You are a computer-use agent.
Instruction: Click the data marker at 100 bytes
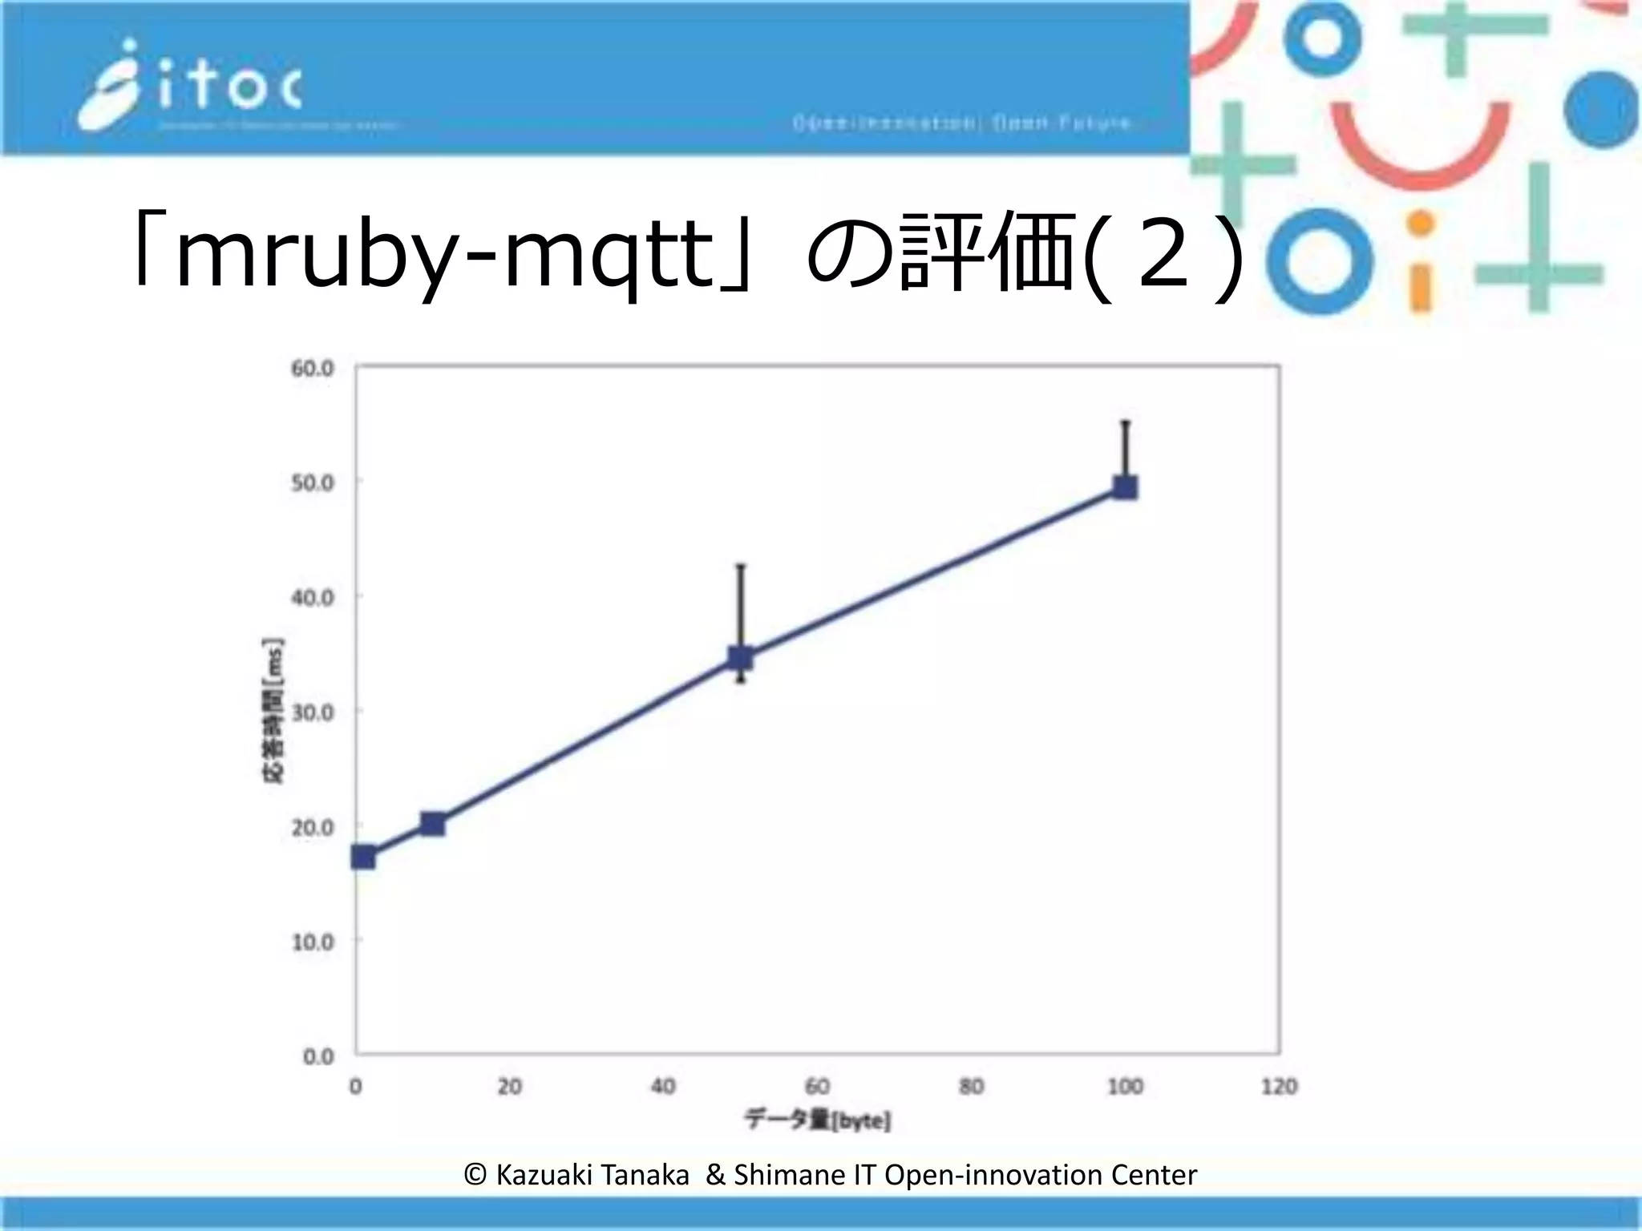[x=1125, y=487]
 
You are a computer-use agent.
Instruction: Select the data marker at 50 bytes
[x=740, y=658]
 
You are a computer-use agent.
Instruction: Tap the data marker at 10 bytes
[x=433, y=824]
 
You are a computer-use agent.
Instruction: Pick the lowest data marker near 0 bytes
[x=363, y=858]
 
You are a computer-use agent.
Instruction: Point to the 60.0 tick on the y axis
[x=312, y=369]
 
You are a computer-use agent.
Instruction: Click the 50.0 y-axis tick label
[x=312, y=483]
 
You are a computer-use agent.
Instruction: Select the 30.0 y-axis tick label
[x=312, y=712]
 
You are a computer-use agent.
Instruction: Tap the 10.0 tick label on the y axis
[x=312, y=942]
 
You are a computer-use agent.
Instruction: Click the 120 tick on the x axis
[x=1279, y=1087]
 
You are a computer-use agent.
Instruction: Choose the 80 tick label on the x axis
[x=971, y=1087]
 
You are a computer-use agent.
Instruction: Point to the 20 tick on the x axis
[x=509, y=1087]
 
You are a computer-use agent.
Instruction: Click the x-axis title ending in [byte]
[x=817, y=1120]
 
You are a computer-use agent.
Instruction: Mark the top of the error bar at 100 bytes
[x=1125, y=422]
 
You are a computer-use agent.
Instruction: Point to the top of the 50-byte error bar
[x=740, y=566]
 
